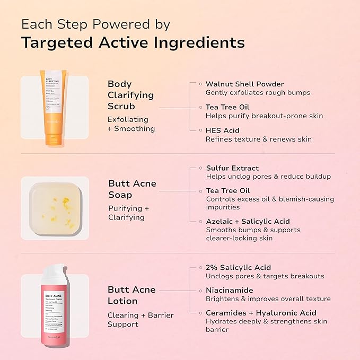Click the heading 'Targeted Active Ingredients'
(133, 42)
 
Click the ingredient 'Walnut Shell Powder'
(244, 84)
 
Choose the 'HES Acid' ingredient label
(223, 130)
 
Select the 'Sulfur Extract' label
(232, 168)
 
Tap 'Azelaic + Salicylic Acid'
(248, 221)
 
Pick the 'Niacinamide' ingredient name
(229, 290)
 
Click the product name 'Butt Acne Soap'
(132, 189)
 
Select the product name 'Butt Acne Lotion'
(131, 295)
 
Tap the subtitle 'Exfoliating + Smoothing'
(131, 124)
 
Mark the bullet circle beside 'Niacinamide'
(200, 290)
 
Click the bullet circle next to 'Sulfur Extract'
(200, 168)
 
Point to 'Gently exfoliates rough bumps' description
(258, 93)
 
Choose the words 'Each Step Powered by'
(95, 24)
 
